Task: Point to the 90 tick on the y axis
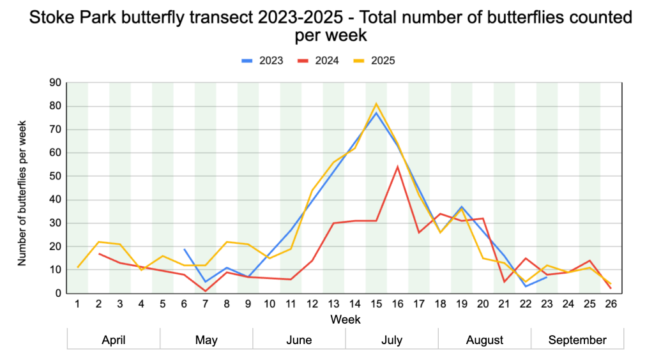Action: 55,82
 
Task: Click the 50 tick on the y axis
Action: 55,176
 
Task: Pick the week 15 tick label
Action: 376,304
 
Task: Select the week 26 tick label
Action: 611,304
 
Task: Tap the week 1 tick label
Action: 77,304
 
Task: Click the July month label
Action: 392,340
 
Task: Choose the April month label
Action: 114,340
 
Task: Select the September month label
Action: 577,340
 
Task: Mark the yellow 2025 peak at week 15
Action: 376,103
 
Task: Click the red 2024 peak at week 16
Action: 397,167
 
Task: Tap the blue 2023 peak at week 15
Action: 376,113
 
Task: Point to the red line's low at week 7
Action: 206,291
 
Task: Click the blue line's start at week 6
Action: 184,249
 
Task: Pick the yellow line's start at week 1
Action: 77,267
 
